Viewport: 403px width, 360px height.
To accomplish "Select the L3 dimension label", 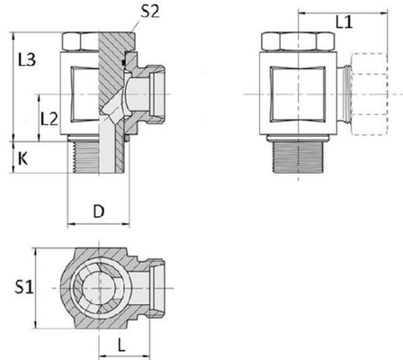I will [x=28, y=60].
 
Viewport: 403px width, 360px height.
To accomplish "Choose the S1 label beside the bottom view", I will [x=23, y=287].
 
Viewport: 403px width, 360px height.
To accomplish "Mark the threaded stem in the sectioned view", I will [x=90, y=158].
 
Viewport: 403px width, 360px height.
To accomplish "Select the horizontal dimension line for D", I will [x=100, y=225].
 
